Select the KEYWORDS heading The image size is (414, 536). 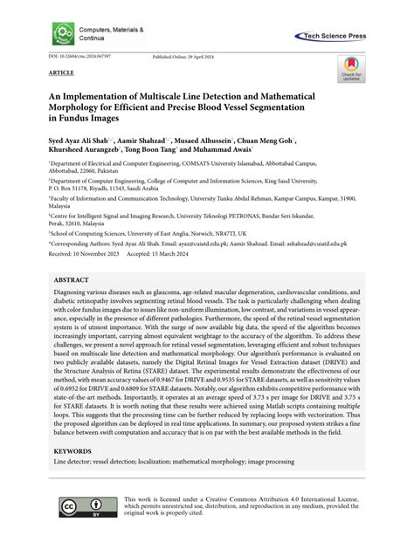point(74,453)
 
